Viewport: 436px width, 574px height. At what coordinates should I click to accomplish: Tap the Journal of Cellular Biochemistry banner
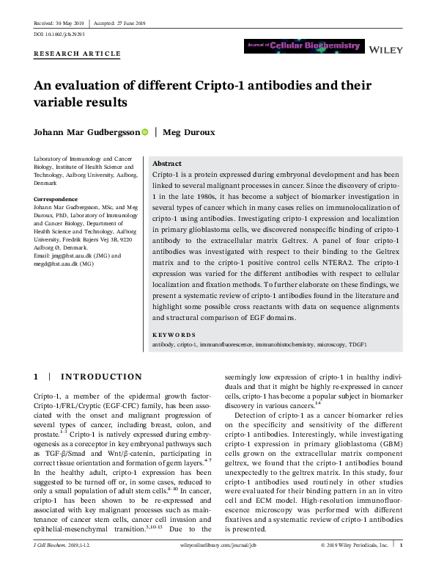tap(304, 46)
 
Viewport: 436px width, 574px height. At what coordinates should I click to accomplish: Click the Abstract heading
tap(168, 164)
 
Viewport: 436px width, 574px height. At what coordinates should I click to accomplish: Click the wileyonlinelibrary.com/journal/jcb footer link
tap(219, 567)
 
